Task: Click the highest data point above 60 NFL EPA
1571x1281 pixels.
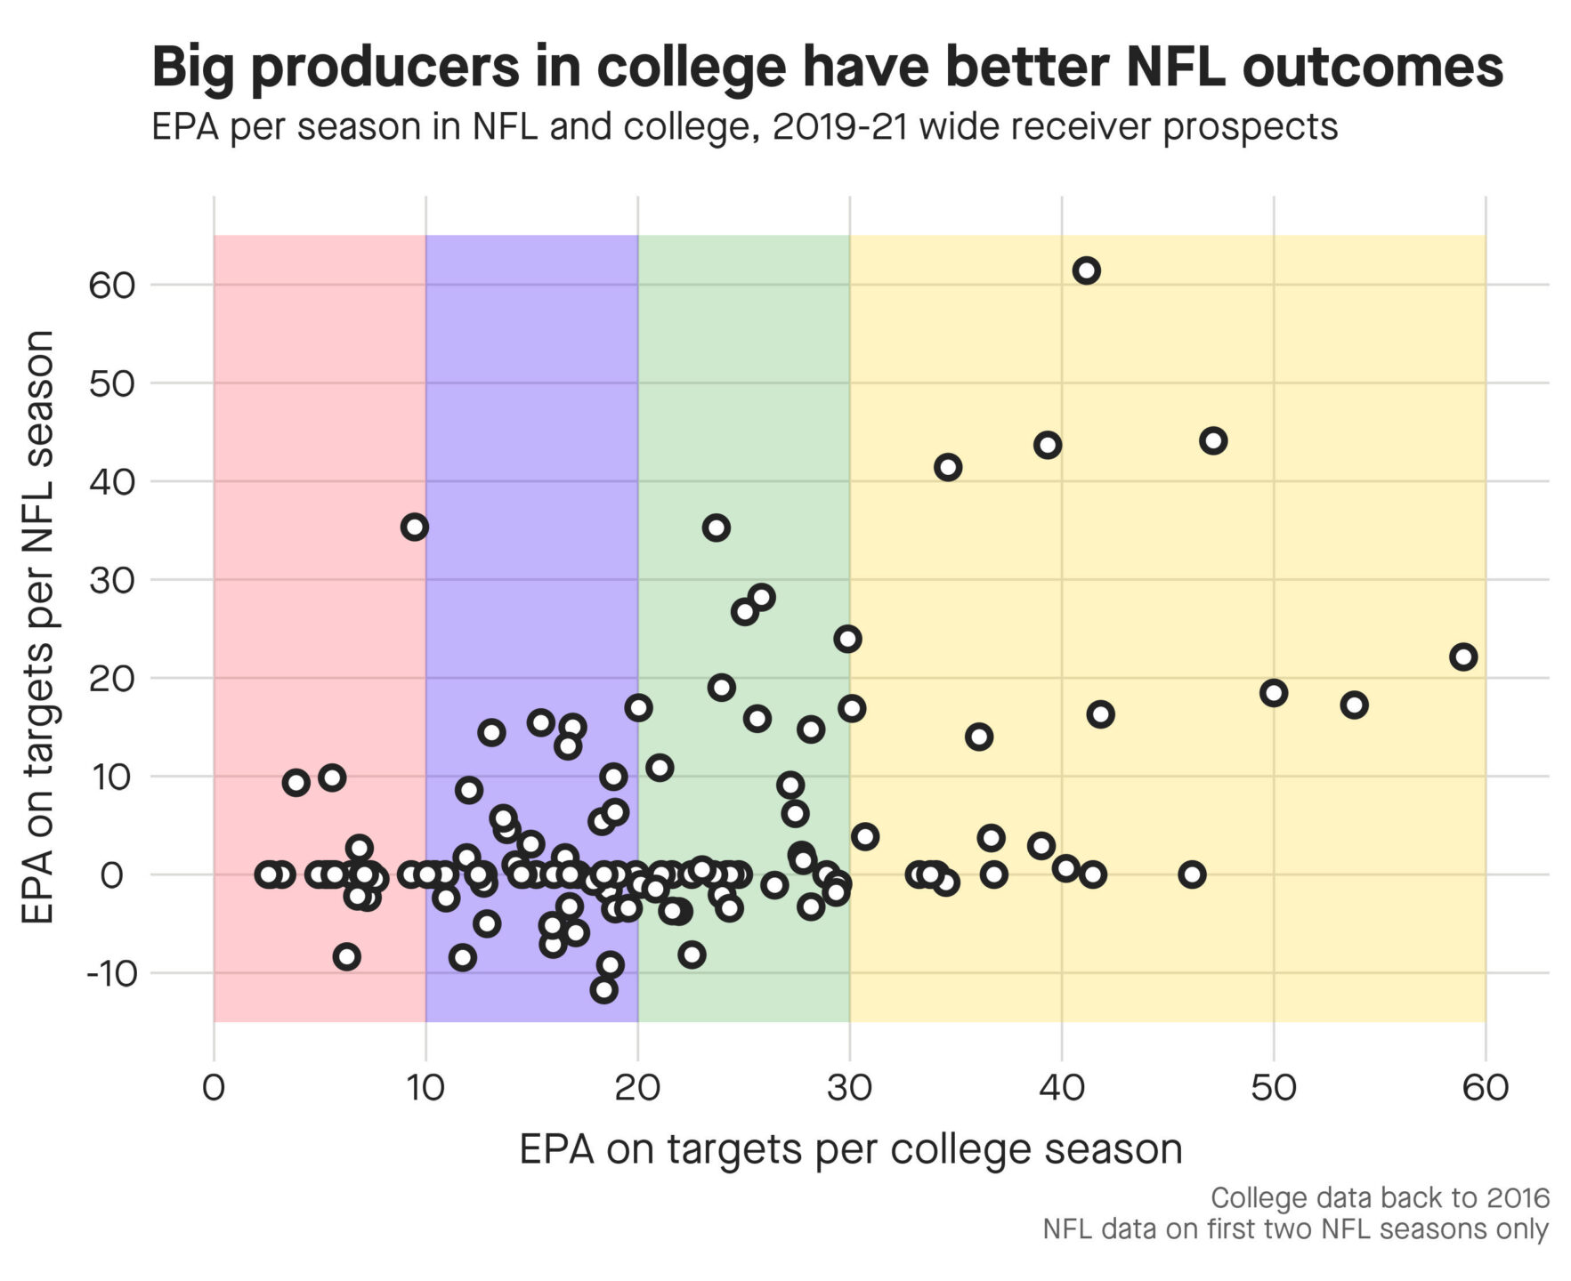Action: pyautogui.click(x=1085, y=270)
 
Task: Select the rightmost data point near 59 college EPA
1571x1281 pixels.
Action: pyautogui.click(x=1462, y=657)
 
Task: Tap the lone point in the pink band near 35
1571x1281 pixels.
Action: pyautogui.click(x=414, y=527)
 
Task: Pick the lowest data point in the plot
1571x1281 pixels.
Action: pyautogui.click(x=603, y=989)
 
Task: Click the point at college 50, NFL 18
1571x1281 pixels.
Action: pyautogui.click(x=1273, y=692)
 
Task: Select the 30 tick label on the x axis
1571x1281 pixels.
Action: pyautogui.click(x=849, y=1087)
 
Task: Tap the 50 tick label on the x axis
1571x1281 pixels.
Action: pyautogui.click(x=1273, y=1087)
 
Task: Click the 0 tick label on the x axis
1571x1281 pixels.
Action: pyautogui.click(x=214, y=1087)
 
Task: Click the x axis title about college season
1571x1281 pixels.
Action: pyautogui.click(x=850, y=1149)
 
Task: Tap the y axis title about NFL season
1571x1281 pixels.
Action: pyautogui.click(x=40, y=627)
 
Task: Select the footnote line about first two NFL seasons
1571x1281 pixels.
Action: pyautogui.click(x=1295, y=1229)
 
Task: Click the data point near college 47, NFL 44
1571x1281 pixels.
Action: pyautogui.click(x=1212, y=440)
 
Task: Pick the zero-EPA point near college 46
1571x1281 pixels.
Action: pyautogui.click(x=1192, y=874)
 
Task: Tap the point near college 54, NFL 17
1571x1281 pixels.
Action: pyautogui.click(x=1353, y=705)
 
